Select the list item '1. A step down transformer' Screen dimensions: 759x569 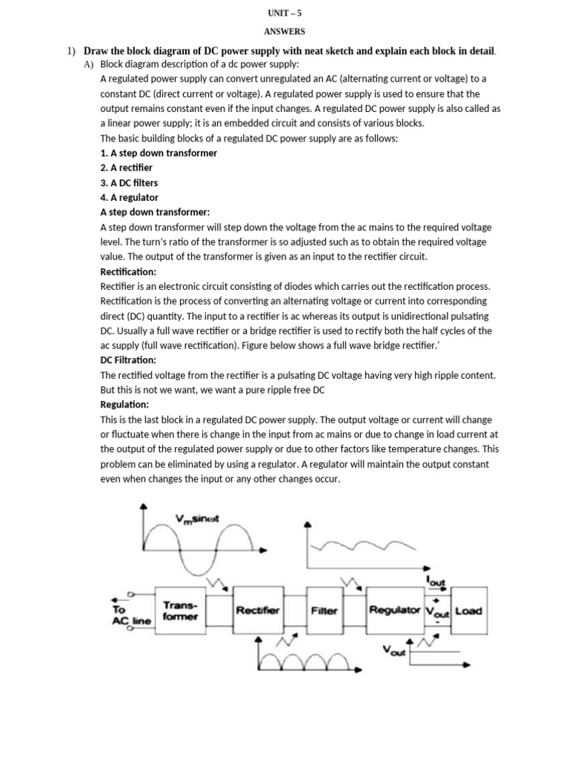click(159, 153)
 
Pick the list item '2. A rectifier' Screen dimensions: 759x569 click(127, 168)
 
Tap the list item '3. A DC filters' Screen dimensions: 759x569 click(129, 182)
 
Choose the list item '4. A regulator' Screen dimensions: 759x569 click(129, 197)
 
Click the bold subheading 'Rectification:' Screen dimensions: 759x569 click(128, 271)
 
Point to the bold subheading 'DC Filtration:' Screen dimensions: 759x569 click(128, 360)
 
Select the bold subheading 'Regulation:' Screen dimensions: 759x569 click(124, 405)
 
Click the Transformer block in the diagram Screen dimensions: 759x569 click(180, 611)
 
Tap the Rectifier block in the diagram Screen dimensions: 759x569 click(257, 611)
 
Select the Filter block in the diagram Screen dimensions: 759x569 click(325, 611)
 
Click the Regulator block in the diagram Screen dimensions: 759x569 click(395, 611)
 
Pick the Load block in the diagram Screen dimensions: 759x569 click(467, 611)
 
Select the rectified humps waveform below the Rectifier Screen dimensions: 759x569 click(305, 656)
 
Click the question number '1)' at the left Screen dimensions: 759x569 click(71, 50)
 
